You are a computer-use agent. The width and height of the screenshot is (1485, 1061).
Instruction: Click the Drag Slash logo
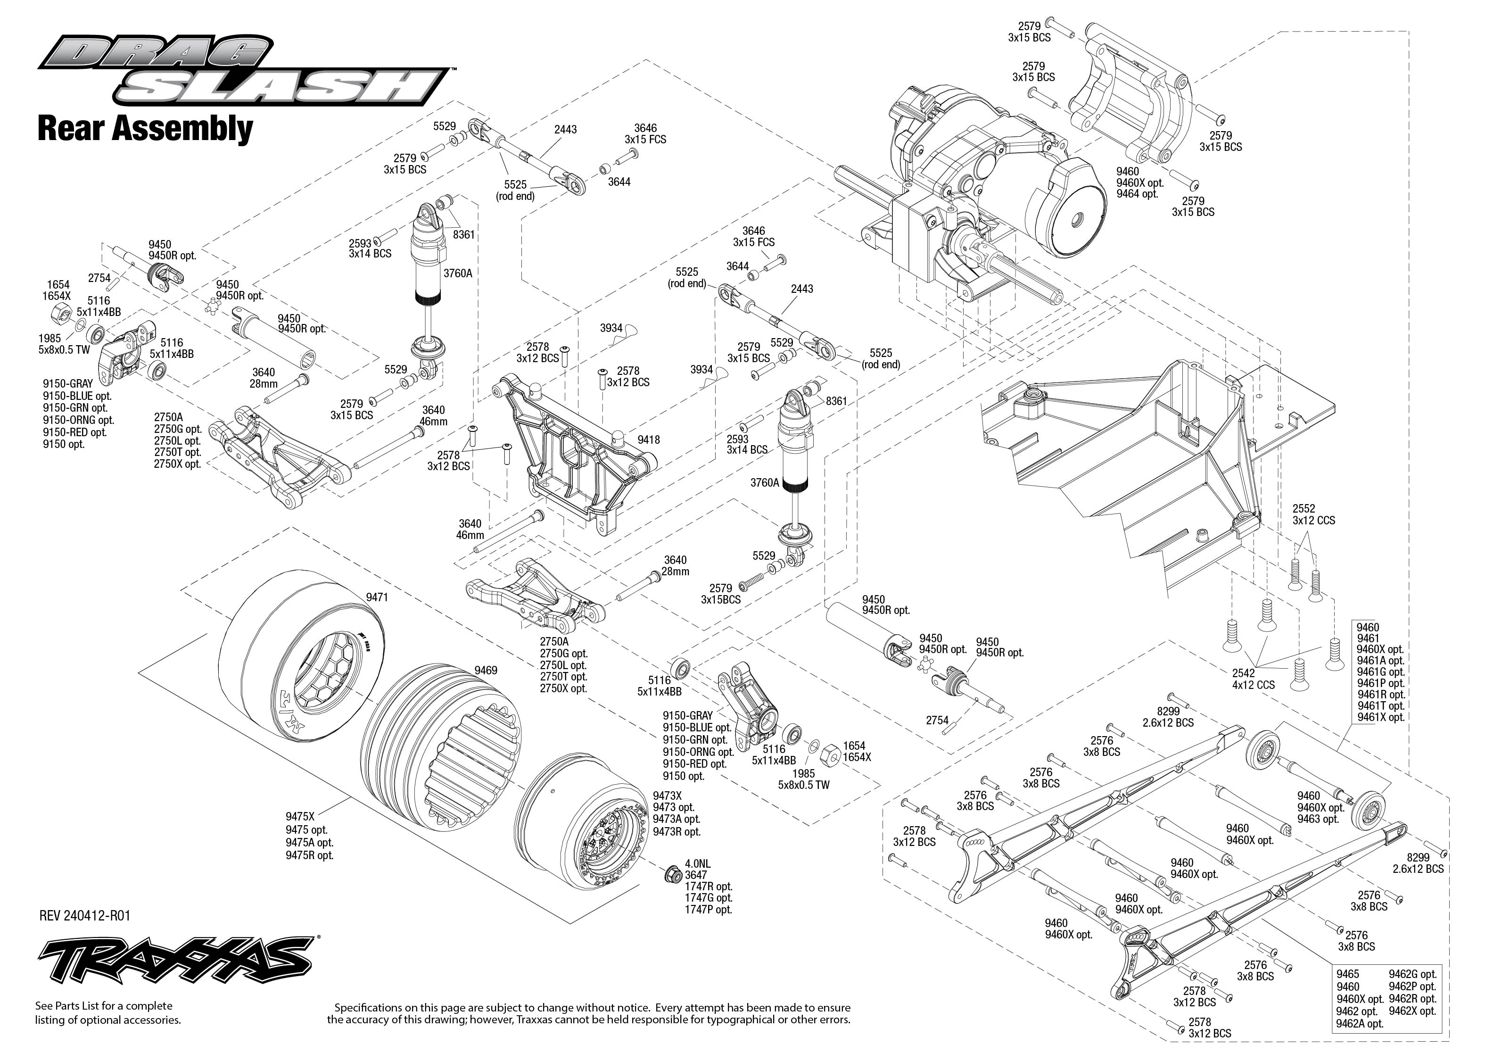pos(242,72)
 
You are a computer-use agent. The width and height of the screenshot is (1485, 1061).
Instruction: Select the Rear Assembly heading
pos(145,129)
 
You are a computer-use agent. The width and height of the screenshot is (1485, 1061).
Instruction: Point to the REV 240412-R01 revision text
pos(85,915)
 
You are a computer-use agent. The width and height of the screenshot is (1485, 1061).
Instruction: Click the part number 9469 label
pos(486,670)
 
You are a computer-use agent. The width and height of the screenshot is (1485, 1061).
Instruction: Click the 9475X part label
pos(300,816)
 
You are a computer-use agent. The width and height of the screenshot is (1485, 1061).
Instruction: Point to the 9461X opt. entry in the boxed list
pos(1380,717)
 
